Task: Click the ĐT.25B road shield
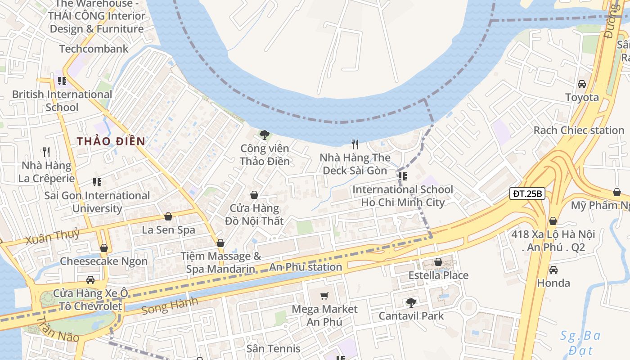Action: point(527,194)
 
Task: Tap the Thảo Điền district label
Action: point(111,141)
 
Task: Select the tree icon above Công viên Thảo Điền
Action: point(265,135)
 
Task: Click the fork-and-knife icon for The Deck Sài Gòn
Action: point(355,144)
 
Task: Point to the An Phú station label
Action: point(306,267)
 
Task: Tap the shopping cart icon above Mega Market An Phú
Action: point(324,296)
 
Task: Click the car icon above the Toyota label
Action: point(582,84)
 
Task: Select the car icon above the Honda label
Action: point(553,270)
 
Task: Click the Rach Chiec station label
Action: point(579,130)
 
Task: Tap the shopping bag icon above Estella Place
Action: point(438,262)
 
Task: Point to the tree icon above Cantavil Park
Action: point(410,302)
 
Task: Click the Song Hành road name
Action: point(169,306)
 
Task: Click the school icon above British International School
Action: point(62,81)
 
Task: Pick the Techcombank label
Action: point(94,49)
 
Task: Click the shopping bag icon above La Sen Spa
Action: point(168,216)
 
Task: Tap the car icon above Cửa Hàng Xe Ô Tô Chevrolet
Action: point(90,280)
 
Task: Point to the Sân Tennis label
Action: point(274,348)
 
